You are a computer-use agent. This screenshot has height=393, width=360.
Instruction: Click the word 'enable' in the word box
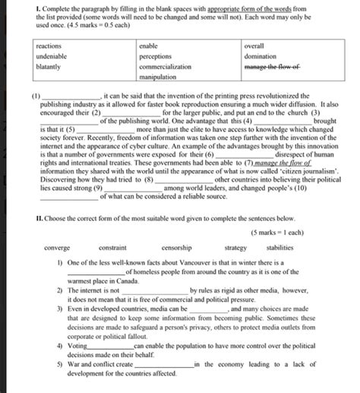(x=148, y=46)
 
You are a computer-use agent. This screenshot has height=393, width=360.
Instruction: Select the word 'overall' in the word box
(x=254, y=46)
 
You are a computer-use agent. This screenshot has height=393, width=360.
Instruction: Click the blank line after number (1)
(x=68, y=97)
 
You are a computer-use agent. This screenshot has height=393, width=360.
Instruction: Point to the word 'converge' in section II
(x=58, y=248)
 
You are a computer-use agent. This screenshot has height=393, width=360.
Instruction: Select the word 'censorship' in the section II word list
(x=177, y=248)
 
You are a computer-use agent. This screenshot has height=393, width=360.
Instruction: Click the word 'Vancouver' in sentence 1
(x=172, y=262)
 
